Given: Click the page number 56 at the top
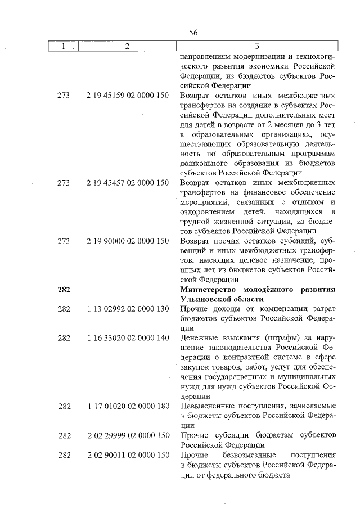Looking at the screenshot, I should pyautogui.click(x=193, y=33).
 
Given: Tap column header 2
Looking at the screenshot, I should pyautogui.click(x=127, y=47).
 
